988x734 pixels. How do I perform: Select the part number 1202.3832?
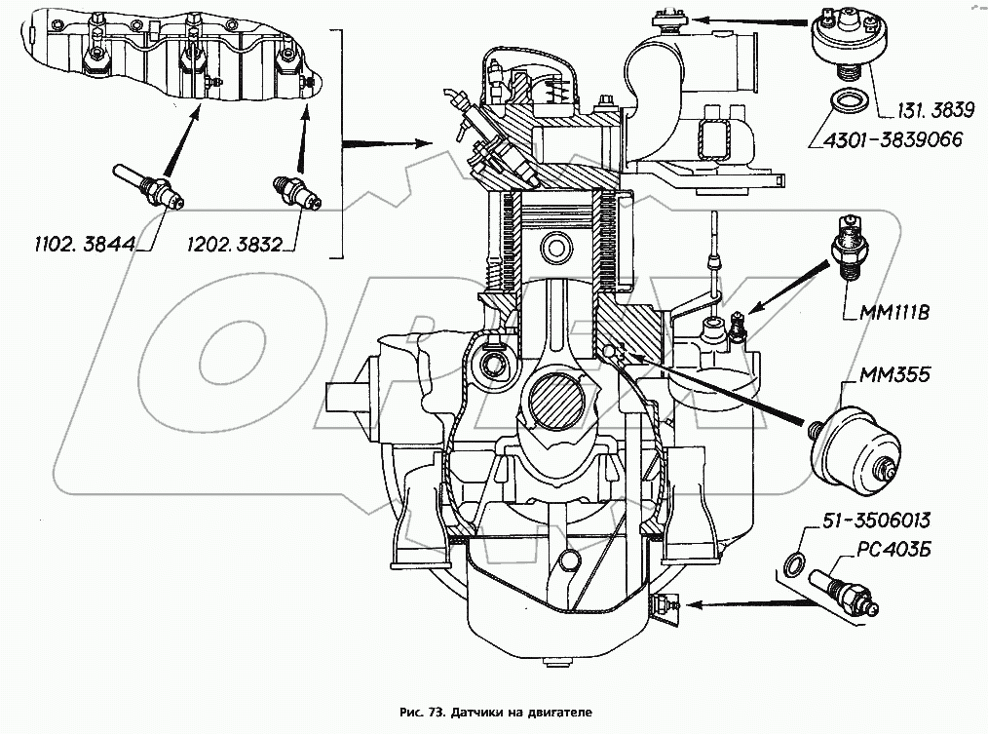coord(239,244)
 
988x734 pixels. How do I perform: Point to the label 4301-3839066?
coord(887,139)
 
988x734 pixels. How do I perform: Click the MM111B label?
coord(895,314)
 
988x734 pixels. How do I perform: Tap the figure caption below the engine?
coord(494,713)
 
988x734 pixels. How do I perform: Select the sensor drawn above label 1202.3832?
coord(296,192)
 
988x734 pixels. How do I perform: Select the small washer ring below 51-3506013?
coord(795,561)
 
